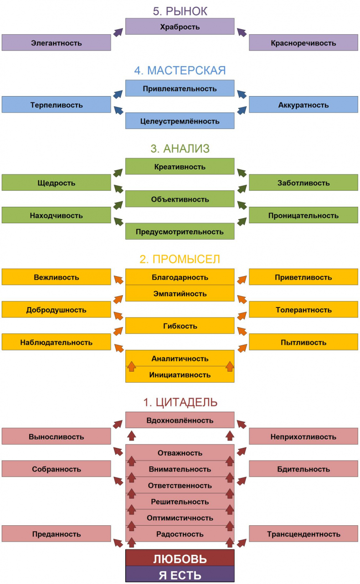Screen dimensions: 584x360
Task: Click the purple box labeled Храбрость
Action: point(180,27)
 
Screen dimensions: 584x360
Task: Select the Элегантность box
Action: point(56,43)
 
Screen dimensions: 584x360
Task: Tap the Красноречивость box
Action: point(303,43)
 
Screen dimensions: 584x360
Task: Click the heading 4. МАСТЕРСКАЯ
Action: point(180,71)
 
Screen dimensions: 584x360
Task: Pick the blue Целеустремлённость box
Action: point(180,121)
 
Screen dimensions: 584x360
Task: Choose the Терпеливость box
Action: point(56,105)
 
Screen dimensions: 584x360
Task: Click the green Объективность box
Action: point(180,199)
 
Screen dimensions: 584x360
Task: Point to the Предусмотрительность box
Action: point(180,231)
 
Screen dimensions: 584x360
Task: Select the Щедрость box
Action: point(56,183)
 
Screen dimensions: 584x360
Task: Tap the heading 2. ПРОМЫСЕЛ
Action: point(180,259)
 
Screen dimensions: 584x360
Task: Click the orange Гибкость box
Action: point(180,326)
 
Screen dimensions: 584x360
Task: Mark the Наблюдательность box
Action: point(56,342)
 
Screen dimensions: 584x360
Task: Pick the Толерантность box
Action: point(303,310)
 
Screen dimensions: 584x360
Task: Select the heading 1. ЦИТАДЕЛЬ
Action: point(180,402)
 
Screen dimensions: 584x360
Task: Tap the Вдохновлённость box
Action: point(180,420)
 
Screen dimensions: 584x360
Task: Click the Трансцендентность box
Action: point(303,534)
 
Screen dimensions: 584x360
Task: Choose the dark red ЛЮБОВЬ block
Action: point(180,558)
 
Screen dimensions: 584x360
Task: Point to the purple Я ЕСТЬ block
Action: point(180,574)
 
